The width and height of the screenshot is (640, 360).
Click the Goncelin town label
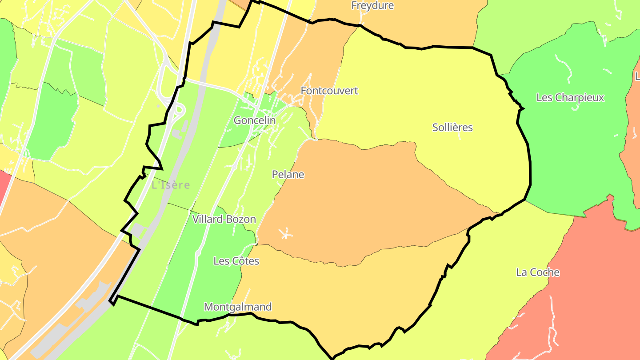pyautogui.click(x=255, y=120)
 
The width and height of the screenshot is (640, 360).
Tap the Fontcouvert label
pyautogui.click(x=329, y=91)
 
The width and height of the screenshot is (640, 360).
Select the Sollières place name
pyautogui.click(x=452, y=128)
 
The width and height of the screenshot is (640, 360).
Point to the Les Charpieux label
pyautogui.click(x=570, y=97)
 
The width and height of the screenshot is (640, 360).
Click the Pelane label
pyautogui.click(x=288, y=175)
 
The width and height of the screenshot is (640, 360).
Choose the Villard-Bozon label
pyautogui.click(x=224, y=219)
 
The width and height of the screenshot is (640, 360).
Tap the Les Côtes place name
pyautogui.click(x=236, y=261)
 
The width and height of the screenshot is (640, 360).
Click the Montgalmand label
pyautogui.click(x=238, y=307)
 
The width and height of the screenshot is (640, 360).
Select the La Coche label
pyautogui.click(x=538, y=272)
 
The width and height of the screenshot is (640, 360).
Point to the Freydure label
pyautogui.click(x=372, y=6)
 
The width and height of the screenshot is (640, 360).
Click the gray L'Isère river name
pyautogui.click(x=171, y=185)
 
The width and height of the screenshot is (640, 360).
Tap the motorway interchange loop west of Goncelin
pyautogui.click(x=178, y=109)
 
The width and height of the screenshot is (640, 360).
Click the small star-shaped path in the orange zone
pyautogui.click(x=284, y=233)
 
